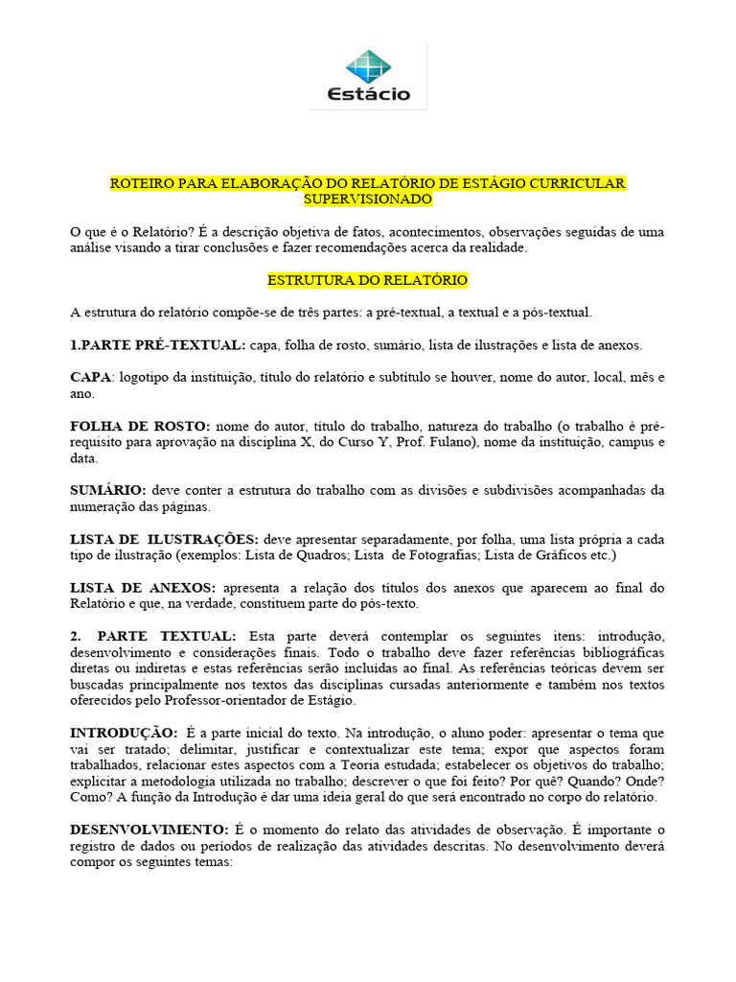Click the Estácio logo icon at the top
click(x=368, y=66)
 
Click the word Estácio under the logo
click(x=369, y=94)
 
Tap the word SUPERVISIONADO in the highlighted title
click(x=368, y=199)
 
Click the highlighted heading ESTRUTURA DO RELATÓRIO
click(x=368, y=280)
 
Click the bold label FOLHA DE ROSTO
click(x=141, y=426)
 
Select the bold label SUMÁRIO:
click(x=108, y=490)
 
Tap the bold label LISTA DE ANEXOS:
click(x=143, y=587)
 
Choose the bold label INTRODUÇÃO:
click(x=124, y=733)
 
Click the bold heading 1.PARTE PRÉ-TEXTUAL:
click(x=157, y=345)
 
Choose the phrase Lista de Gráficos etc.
click(x=563, y=555)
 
